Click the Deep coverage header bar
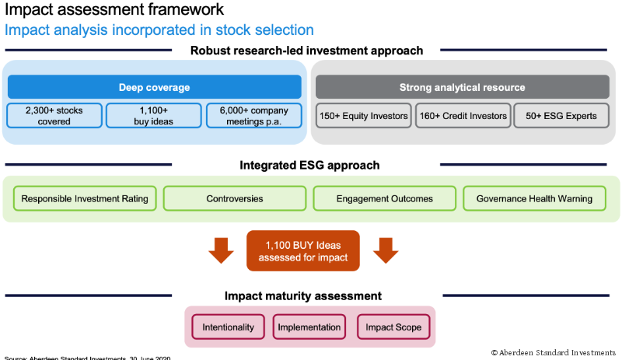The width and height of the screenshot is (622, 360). [154, 87]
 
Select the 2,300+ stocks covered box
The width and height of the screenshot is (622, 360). [54, 116]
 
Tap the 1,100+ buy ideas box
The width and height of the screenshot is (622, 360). [153, 116]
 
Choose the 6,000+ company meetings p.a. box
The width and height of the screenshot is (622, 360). [253, 116]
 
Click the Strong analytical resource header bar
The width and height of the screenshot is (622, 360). [462, 87]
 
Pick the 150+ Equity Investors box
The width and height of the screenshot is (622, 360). [363, 116]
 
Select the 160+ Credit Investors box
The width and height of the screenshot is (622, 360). [462, 116]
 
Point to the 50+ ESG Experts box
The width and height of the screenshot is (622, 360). [561, 116]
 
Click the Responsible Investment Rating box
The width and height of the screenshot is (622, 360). [86, 198]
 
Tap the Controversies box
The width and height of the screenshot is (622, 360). [235, 198]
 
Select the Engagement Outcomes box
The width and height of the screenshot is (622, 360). [385, 198]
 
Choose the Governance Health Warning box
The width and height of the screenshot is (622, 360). [534, 198]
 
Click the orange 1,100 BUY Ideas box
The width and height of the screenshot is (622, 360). [303, 250]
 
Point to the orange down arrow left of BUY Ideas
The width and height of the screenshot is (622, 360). [222, 250]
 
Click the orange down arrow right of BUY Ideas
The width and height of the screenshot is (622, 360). [386, 250]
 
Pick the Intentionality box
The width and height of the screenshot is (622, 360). [229, 327]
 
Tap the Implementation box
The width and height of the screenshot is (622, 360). [309, 327]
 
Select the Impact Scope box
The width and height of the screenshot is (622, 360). [393, 327]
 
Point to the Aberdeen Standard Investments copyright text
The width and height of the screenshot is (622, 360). [555, 352]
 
